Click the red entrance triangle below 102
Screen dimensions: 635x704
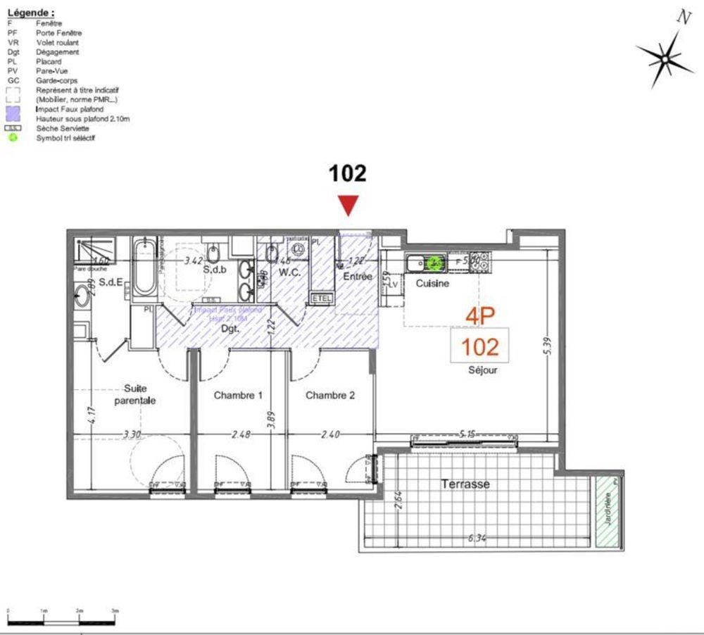click(x=348, y=206)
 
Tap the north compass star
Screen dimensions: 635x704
click(x=664, y=58)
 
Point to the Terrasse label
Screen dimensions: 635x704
click(x=465, y=484)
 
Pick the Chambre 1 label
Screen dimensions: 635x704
click(x=238, y=396)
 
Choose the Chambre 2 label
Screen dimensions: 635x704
click(x=330, y=396)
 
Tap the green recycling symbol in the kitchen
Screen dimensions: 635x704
click(x=436, y=263)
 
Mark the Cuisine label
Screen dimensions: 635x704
click(x=432, y=283)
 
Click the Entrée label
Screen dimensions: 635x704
click(x=357, y=277)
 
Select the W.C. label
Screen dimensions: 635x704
click(x=290, y=271)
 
